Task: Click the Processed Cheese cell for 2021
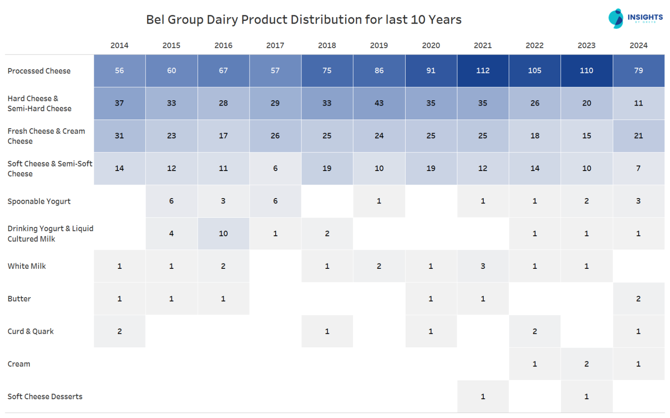(482, 71)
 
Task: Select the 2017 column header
(275, 45)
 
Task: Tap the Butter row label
(19, 299)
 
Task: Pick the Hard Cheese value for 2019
(379, 103)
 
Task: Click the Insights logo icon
(615, 18)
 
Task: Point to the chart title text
(304, 20)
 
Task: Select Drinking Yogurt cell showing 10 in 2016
(223, 234)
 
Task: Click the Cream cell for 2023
(586, 364)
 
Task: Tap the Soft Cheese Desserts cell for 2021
(482, 397)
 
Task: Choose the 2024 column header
(638, 45)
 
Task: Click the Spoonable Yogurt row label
(39, 201)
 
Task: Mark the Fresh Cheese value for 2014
(120, 136)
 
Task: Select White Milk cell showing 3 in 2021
(482, 266)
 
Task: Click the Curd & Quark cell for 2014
(120, 332)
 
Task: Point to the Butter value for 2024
(638, 299)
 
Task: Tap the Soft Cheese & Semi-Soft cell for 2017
(275, 168)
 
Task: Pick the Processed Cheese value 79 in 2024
(638, 71)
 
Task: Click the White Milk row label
(27, 266)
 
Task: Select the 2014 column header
(119, 45)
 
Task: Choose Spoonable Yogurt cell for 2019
(379, 201)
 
